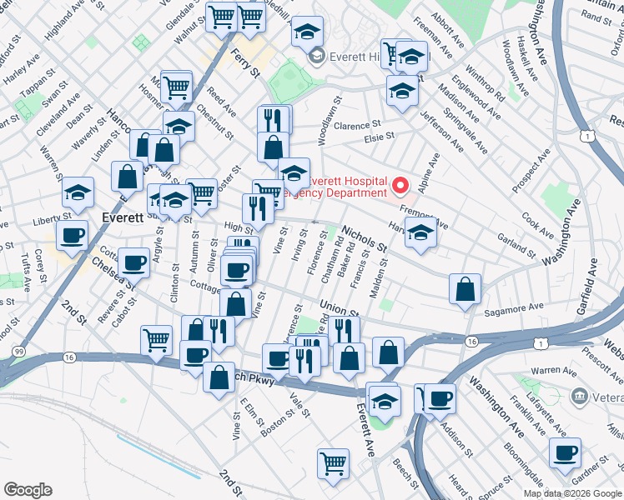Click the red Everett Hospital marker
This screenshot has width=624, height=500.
point(401,185)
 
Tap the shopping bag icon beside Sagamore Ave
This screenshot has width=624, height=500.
point(465,289)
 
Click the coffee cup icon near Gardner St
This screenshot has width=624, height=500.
point(565,452)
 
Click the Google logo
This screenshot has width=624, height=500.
point(28,490)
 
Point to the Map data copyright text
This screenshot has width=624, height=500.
point(572,493)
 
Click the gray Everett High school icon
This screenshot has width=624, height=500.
point(316,57)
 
